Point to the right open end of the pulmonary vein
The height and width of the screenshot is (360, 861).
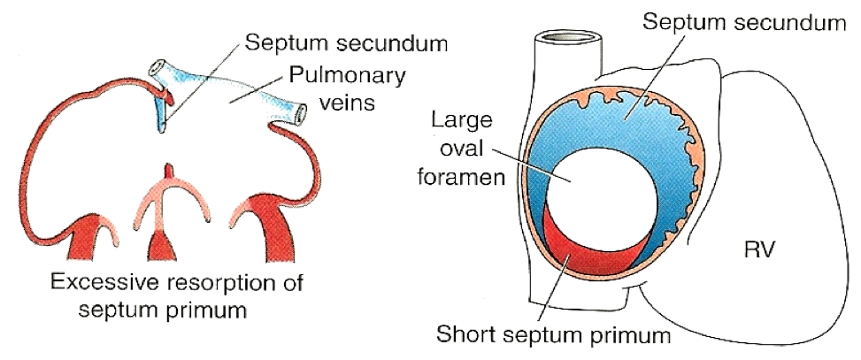point(303,113)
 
